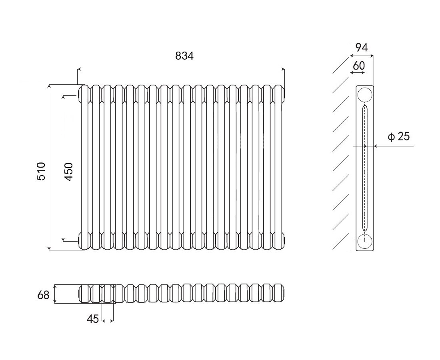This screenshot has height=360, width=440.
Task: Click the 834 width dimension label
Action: point(184,56)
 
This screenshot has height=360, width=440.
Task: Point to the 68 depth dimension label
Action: point(43,295)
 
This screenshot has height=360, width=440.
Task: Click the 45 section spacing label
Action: point(93,319)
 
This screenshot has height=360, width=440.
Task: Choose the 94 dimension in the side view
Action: point(362,47)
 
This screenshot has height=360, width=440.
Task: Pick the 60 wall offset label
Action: point(359,66)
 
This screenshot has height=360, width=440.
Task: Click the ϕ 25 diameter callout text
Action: point(399,137)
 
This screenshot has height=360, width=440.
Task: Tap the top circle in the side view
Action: point(365,95)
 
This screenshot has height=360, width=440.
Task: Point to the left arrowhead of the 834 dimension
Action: point(79,69)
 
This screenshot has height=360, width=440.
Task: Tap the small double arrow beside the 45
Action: point(108,320)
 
